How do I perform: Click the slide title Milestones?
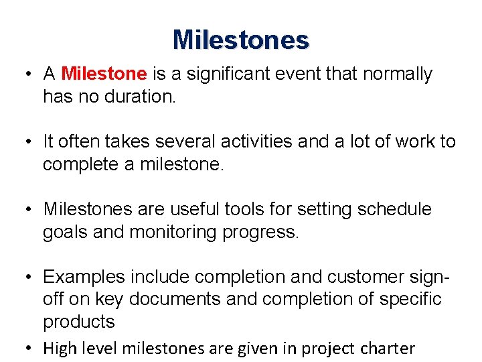click(x=241, y=40)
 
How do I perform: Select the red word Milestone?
click(x=104, y=74)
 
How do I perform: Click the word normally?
click(x=398, y=74)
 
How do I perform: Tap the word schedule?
click(x=395, y=209)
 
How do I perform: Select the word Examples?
click(x=84, y=277)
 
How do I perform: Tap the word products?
click(x=79, y=322)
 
